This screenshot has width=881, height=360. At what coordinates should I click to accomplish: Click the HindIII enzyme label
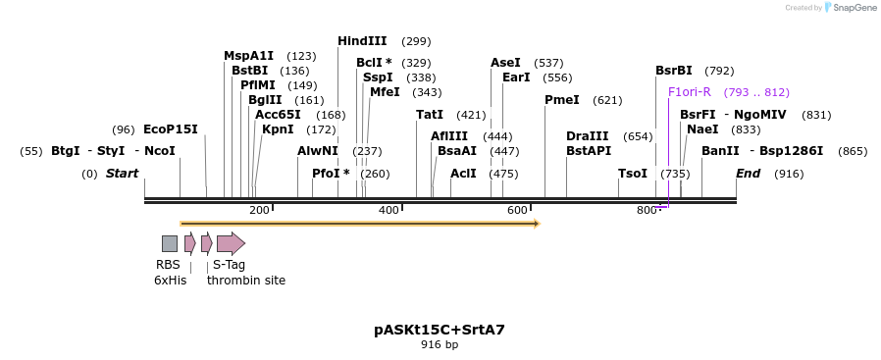pos(362,41)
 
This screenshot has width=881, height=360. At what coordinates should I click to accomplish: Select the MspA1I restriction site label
pos(248,56)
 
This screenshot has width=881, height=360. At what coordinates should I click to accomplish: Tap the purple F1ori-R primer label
pos(689,92)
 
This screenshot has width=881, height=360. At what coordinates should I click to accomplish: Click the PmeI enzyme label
pos(561,100)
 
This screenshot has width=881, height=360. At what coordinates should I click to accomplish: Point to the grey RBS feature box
pos(170,243)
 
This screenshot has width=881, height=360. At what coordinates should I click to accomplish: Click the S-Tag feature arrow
pos(231,243)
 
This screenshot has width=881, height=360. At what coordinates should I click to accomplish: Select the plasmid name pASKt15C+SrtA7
pos(440,330)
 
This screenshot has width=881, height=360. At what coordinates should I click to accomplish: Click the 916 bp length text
pos(440,344)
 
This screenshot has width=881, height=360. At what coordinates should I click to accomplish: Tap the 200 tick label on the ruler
pos(259,210)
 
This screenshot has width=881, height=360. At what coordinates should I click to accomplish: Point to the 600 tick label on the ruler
pos(517,210)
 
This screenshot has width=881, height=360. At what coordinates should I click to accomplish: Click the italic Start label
pos(123,174)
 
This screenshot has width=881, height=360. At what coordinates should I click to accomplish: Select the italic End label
pos(749,174)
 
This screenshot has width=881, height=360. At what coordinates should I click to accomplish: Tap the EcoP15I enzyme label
pos(171,129)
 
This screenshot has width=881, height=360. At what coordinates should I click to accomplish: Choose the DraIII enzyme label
pos(587,136)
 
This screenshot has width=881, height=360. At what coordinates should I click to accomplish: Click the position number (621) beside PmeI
pos(607,100)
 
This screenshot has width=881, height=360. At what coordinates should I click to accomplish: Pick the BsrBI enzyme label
pos(674,71)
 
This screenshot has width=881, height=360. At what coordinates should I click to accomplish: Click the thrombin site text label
pos(246,281)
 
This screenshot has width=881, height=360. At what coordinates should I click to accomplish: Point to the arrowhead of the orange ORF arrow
pos(537,224)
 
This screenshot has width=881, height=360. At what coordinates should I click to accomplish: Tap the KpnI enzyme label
pos(278,129)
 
